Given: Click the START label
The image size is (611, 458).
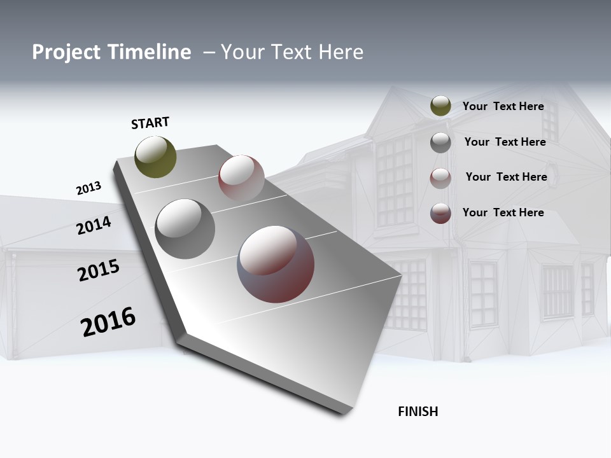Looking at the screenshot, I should click(x=150, y=123).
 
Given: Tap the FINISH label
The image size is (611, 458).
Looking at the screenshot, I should click(x=418, y=412).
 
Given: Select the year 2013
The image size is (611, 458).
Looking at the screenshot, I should click(x=88, y=188).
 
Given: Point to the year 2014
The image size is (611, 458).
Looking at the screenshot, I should click(x=94, y=225).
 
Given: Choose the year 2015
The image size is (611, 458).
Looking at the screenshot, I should click(x=99, y=270).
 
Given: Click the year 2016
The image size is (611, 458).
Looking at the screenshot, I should click(x=108, y=322).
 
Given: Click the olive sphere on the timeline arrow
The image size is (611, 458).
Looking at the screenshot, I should click(x=155, y=156).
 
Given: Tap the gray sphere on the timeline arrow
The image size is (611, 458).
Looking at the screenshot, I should click(x=185, y=229).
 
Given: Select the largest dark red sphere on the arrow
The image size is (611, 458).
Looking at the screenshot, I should click(x=276, y=264).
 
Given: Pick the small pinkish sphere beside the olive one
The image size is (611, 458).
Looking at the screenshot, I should click(x=241, y=177).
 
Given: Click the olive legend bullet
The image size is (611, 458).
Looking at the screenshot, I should click(x=440, y=106).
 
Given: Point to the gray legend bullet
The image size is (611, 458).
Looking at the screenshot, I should click(x=440, y=142).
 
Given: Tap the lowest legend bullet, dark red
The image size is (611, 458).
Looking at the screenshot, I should click(x=440, y=213).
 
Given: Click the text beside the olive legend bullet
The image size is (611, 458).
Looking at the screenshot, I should click(x=503, y=107).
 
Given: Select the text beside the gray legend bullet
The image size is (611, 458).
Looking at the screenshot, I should click(x=505, y=142).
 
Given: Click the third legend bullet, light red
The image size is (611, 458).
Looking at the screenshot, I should click(x=440, y=178).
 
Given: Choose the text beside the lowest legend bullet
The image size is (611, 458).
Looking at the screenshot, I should click(x=503, y=212).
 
